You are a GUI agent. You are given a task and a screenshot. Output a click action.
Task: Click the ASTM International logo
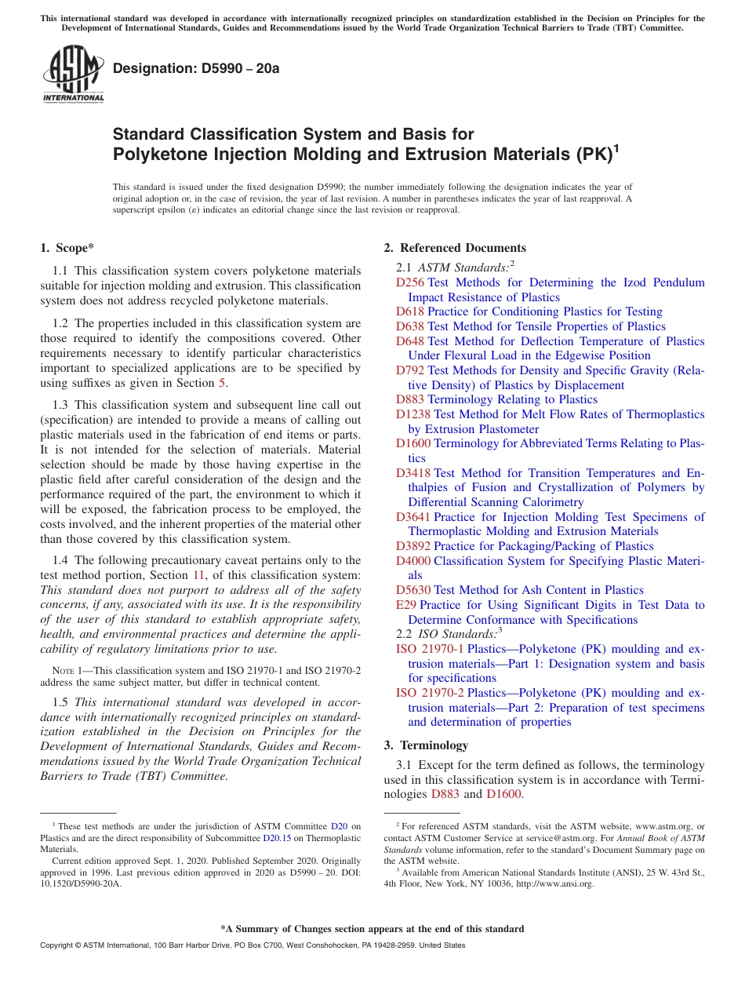point(73,75)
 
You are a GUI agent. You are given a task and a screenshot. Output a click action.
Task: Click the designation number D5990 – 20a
point(196,69)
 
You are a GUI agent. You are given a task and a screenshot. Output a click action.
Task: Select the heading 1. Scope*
point(67,248)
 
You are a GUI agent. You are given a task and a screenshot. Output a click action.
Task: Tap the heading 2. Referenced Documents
point(455,248)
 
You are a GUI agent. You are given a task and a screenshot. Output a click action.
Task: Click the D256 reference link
point(409,282)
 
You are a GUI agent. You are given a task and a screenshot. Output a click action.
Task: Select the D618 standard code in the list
point(409,311)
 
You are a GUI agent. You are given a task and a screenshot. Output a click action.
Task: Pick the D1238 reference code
point(412,414)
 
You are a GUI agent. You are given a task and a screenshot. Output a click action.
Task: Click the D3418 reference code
point(412,473)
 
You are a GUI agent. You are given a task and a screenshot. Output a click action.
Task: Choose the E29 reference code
point(405,605)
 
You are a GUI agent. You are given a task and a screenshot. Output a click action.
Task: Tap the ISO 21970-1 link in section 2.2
point(430,649)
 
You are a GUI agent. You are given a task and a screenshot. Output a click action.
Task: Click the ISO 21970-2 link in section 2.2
point(430,693)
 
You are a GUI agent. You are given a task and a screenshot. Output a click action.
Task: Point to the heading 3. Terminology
point(426,745)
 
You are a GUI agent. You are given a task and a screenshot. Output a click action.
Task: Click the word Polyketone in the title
point(153,155)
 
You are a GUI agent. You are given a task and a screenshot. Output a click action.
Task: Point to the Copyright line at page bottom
point(252,945)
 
